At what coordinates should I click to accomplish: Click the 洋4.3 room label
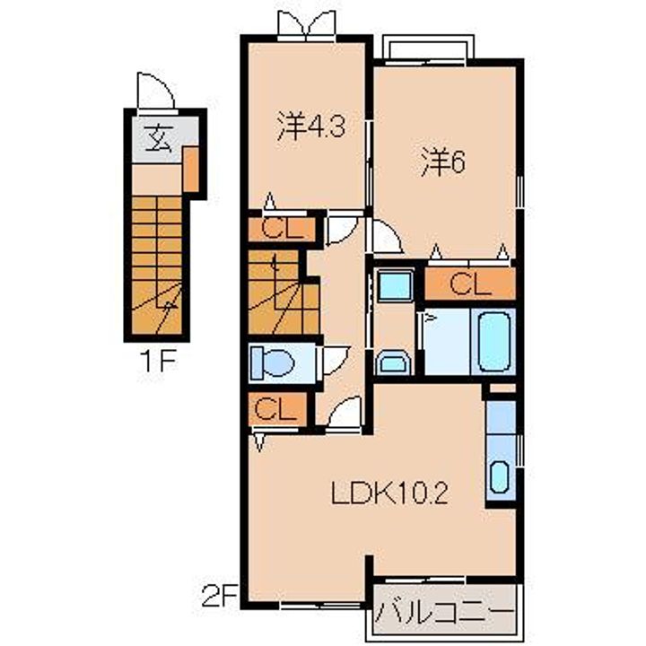[310, 127]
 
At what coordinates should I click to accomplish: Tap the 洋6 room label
[443, 162]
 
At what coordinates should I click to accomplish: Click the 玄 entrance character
[158, 138]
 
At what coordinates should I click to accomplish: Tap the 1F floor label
[159, 361]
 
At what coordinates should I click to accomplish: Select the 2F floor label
[220, 597]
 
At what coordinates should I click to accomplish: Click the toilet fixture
[272, 362]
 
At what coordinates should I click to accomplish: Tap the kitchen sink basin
[500, 476]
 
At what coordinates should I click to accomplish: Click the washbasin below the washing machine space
[393, 362]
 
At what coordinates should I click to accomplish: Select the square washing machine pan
[395, 284]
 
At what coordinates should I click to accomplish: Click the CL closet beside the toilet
[277, 409]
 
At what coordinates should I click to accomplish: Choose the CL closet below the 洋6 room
[470, 284]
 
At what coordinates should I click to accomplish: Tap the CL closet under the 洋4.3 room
[282, 229]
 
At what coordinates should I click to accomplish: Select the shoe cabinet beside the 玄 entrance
[191, 169]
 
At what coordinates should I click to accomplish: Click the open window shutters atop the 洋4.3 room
[307, 24]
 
